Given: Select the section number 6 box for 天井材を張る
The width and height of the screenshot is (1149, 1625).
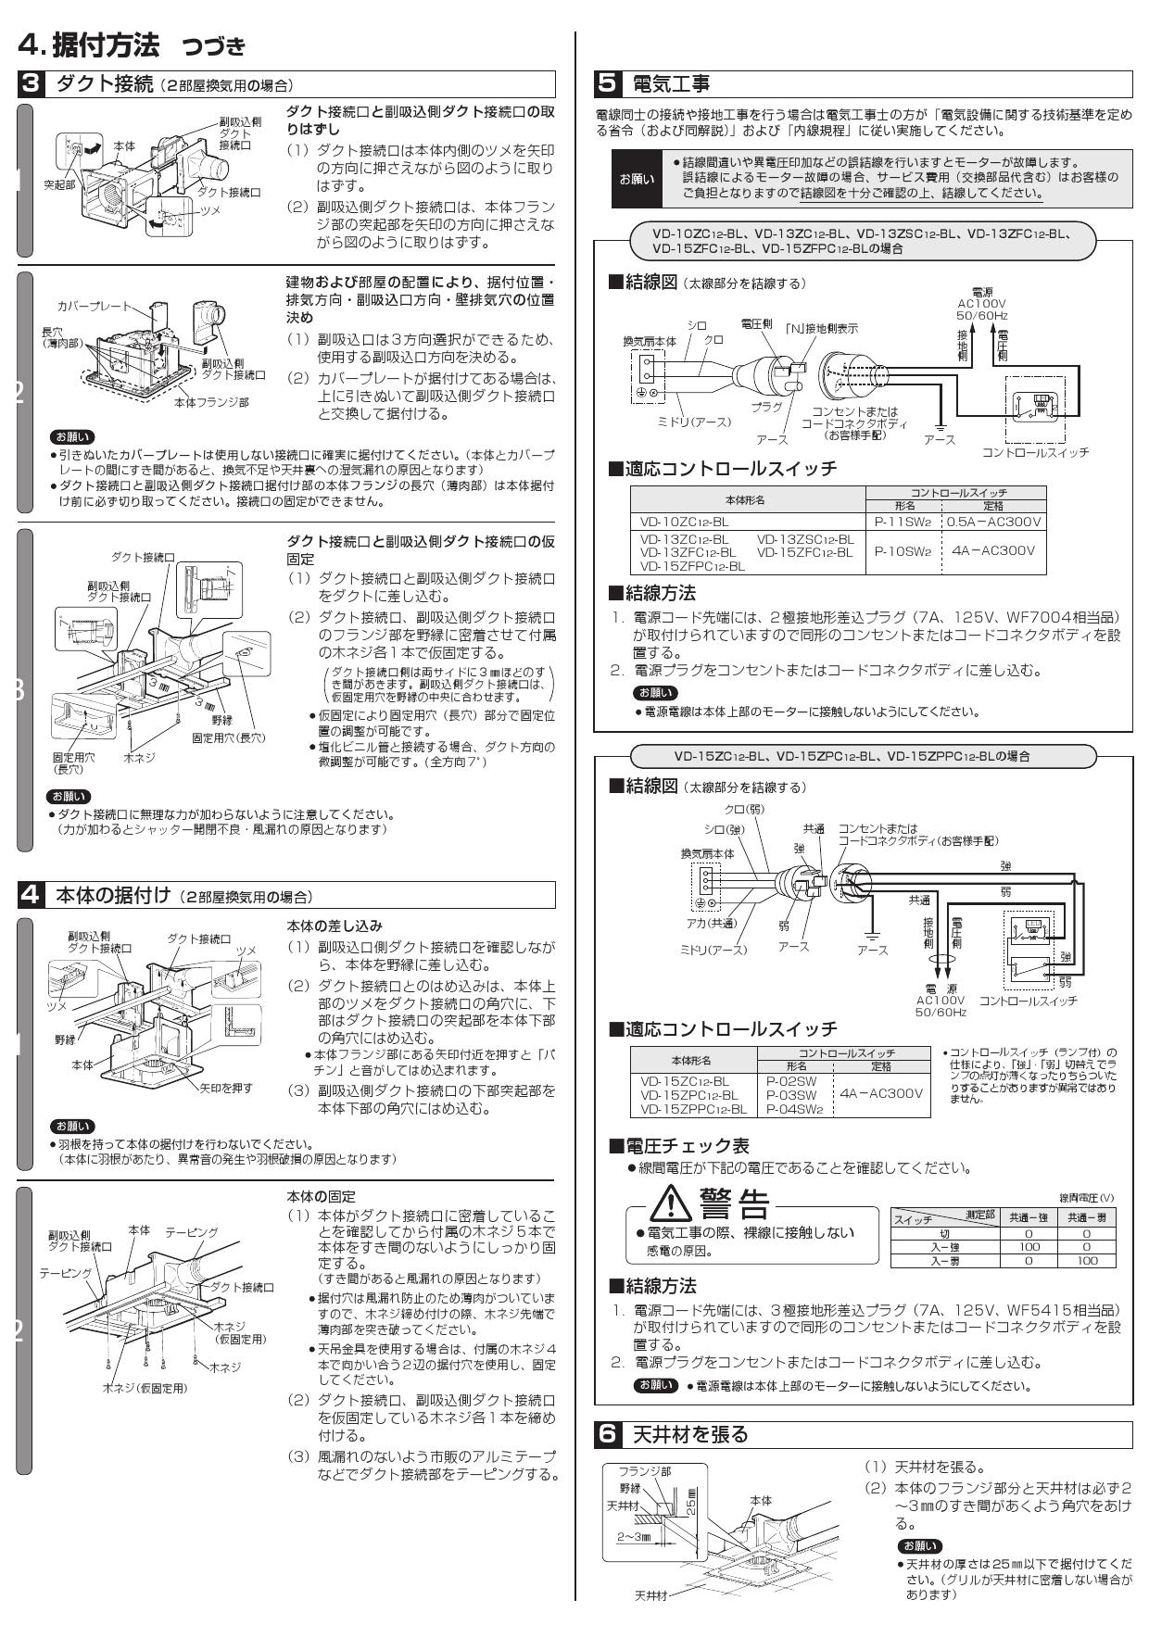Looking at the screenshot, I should [608, 1435].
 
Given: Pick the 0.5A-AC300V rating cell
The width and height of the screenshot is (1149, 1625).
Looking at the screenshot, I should [993, 522].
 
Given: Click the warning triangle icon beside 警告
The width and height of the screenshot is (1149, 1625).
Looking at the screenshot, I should [665, 1203].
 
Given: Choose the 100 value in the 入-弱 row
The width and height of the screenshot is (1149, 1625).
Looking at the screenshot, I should [1086, 1261].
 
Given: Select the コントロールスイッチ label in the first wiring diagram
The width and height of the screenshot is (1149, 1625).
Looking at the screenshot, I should [1035, 452].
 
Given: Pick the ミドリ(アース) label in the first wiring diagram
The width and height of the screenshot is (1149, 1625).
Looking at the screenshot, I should [693, 422].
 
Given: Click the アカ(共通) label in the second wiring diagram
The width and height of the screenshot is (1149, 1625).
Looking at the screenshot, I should [712, 923].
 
